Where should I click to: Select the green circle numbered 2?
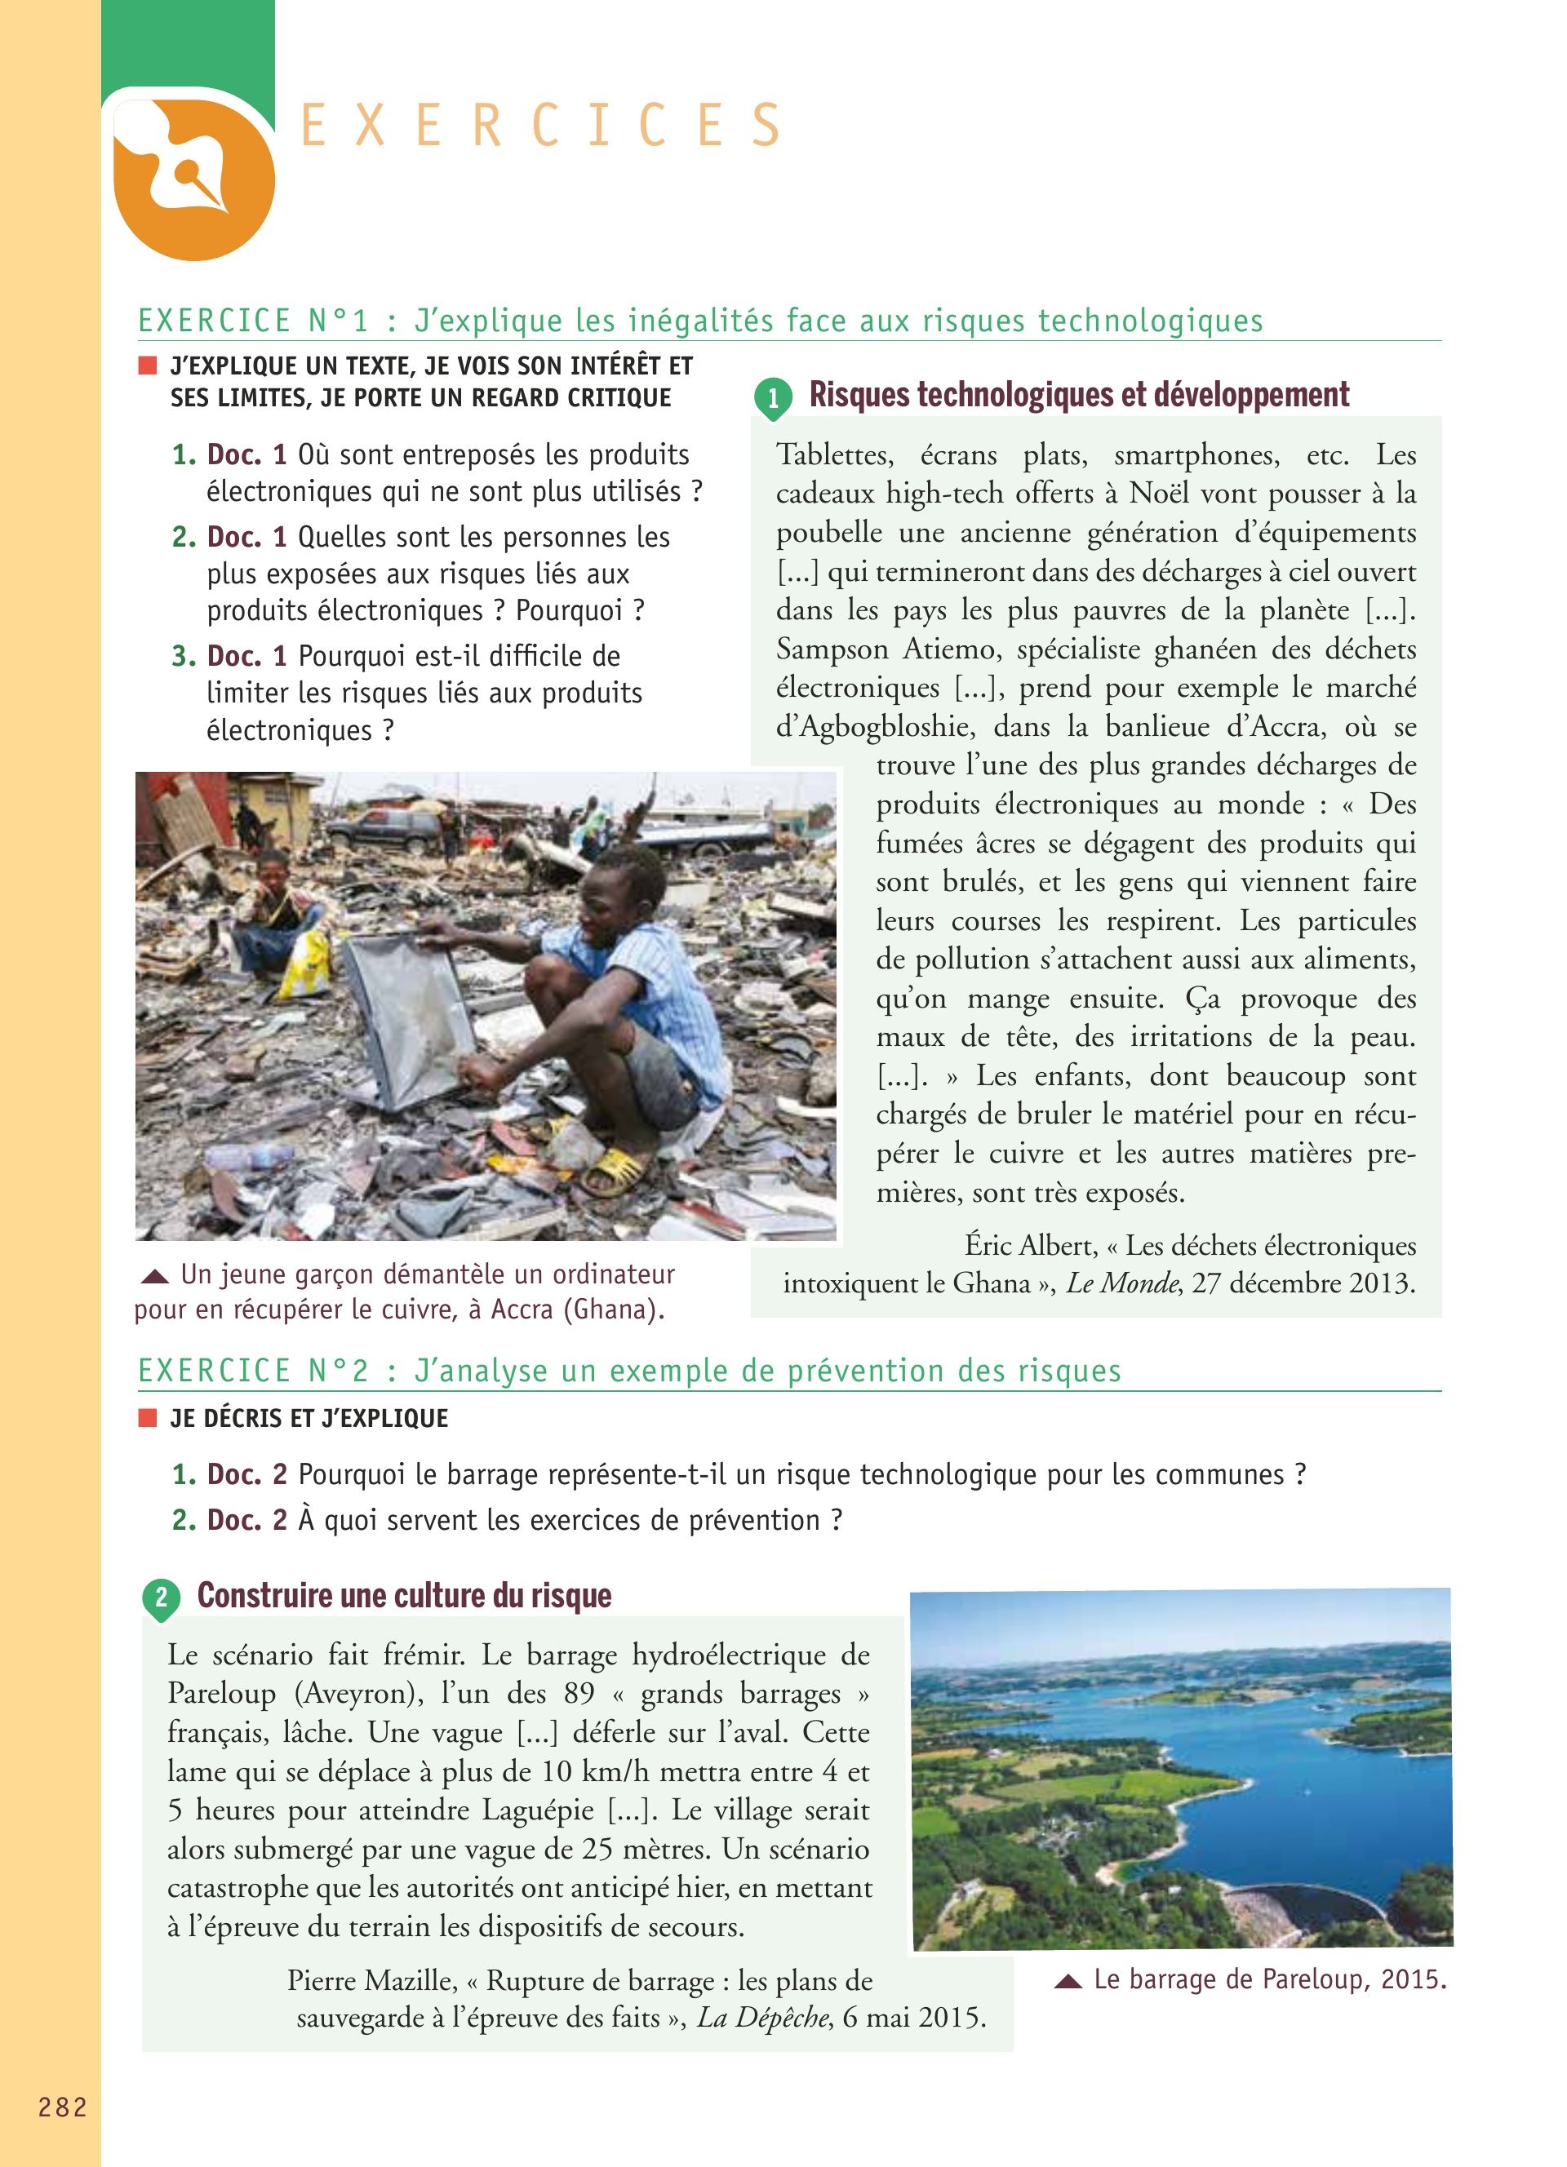pos(161,1597)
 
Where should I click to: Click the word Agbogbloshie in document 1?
pos(875,726)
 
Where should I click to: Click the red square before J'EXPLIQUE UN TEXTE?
pos(147,365)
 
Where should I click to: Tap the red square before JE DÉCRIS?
pos(147,1418)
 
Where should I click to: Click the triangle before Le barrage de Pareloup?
pos(1068,1982)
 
